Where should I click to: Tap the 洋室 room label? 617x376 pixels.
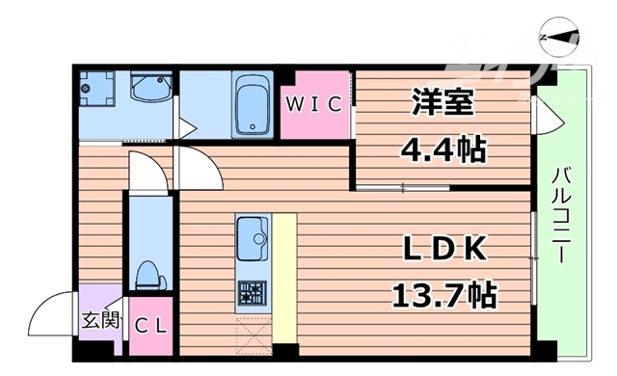pyautogui.click(x=443, y=102)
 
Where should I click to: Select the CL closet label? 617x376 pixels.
pyautogui.click(x=149, y=326)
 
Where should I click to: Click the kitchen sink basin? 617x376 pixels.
pyautogui.click(x=253, y=235)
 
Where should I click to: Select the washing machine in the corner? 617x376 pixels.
pyautogui.click(x=96, y=91)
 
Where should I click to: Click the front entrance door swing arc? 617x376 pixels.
pyautogui.click(x=53, y=313)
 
